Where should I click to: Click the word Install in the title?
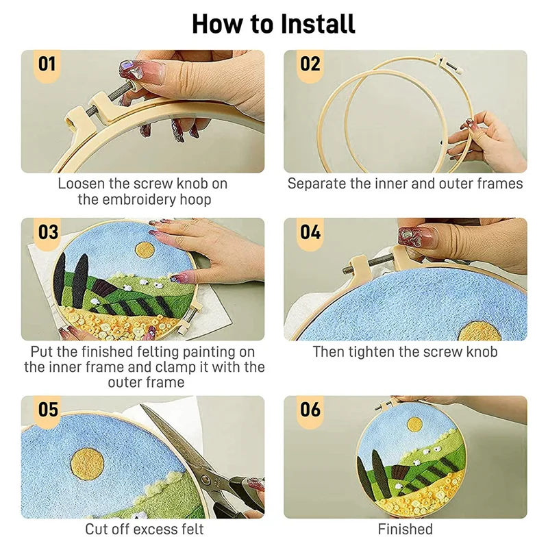pyautogui.click(x=318, y=24)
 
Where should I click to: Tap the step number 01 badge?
pyautogui.click(x=47, y=65)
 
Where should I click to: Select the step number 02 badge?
pyautogui.click(x=310, y=65)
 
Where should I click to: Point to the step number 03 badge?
pyautogui.click(x=47, y=233)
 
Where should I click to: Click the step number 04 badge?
pyautogui.click(x=310, y=233)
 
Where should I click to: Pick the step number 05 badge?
pyautogui.click(x=47, y=410)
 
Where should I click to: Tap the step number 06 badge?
pyautogui.click(x=310, y=410)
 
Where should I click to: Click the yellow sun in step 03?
pyautogui.click(x=145, y=251)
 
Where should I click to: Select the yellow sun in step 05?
pyautogui.click(x=88, y=465)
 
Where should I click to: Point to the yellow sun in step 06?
pyautogui.click(x=415, y=425)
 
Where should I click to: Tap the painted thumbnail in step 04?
pyautogui.click(x=416, y=237)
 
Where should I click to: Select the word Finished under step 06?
pyautogui.click(x=405, y=529)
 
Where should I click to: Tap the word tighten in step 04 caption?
pyautogui.click(x=371, y=352)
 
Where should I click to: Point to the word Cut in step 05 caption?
pyautogui.click(x=96, y=529)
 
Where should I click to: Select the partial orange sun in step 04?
pyautogui.click(x=480, y=332)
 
